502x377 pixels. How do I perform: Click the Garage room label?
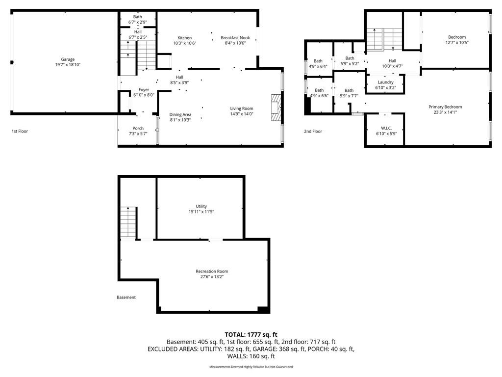68,59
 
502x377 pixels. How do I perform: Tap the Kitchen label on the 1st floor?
185,38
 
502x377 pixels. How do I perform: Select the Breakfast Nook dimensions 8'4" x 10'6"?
235,43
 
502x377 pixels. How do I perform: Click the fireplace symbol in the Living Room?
276,108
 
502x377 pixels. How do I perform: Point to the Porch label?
138,128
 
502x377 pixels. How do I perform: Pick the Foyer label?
144,90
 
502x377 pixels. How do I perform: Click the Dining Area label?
180,114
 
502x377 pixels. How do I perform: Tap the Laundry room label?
385,82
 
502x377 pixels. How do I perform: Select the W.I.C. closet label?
386,128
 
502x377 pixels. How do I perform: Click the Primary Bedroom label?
445,107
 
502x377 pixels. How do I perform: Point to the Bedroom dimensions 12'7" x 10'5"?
457,42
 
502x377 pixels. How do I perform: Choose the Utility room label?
201,206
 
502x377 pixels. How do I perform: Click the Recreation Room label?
212,271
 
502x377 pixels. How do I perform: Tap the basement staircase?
129,222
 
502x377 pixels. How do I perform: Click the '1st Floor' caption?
20,131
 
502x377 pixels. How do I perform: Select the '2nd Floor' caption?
313,131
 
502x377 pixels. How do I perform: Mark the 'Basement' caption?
126,297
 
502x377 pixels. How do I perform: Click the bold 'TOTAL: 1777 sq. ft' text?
251,335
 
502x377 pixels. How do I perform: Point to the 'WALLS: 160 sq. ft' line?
251,356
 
